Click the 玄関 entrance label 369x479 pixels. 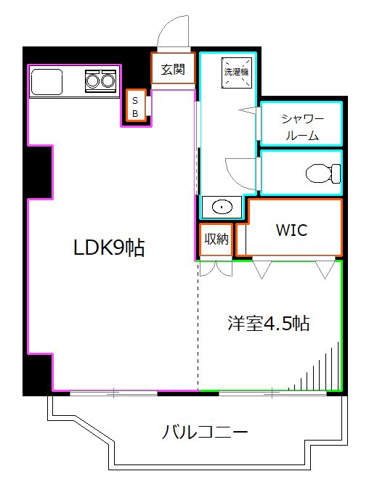click(x=173, y=70)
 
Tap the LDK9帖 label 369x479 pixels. click(x=109, y=248)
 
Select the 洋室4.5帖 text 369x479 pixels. click(x=269, y=324)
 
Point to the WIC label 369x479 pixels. click(x=291, y=230)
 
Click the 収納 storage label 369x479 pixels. click(x=216, y=238)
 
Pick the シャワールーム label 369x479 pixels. click(x=301, y=128)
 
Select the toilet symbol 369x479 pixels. click(x=323, y=173)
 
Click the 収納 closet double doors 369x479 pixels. click(x=216, y=267)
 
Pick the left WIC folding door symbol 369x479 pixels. click(x=261, y=269)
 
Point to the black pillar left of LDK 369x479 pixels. click(x=41, y=171)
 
